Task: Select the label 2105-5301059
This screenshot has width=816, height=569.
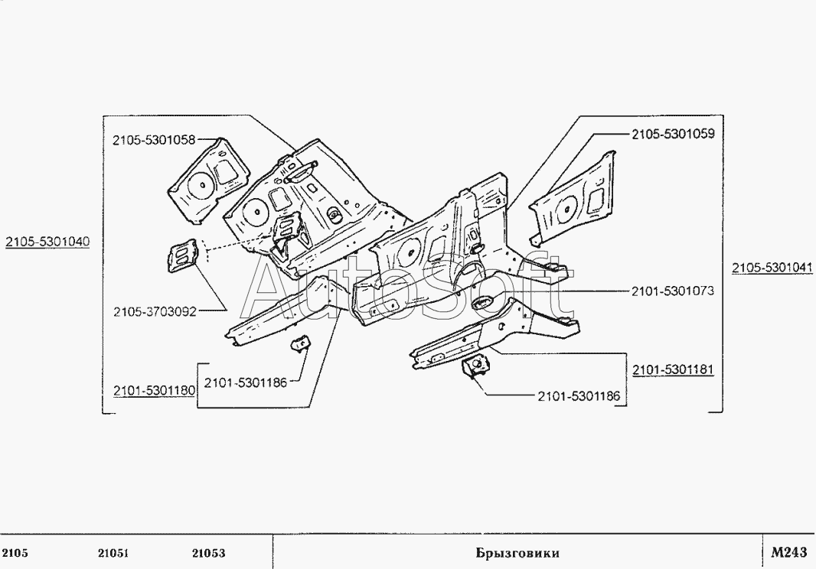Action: [674, 134]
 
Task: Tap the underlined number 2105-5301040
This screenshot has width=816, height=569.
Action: [47, 242]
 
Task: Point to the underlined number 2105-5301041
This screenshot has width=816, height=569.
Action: [772, 268]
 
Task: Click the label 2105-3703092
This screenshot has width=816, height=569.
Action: [155, 311]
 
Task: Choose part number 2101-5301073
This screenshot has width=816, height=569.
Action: [673, 291]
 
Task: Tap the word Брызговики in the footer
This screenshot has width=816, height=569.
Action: [517, 553]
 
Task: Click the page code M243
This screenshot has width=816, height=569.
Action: [789, 552]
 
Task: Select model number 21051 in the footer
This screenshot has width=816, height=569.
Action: [113, 553]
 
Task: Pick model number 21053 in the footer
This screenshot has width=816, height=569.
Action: [209, 553]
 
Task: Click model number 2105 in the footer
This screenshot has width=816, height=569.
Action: [15, 553]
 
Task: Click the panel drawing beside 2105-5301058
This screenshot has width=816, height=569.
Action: [207, 180]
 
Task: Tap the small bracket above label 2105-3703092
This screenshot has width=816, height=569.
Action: [182, 255]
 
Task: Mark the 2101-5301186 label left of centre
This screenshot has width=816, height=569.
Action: [245, 383]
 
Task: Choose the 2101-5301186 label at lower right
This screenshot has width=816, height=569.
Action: [579, 396]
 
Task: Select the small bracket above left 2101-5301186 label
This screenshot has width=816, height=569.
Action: [300, 344]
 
